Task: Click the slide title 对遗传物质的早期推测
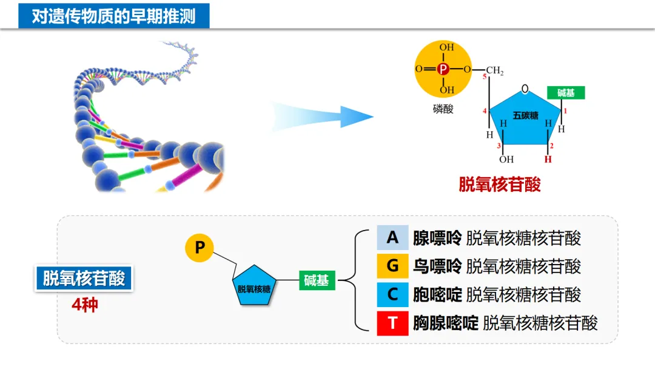pos(113,16)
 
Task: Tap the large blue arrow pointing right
pos(321,116)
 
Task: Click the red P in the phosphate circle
pos(443,69)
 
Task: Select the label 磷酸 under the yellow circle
pos(443,109)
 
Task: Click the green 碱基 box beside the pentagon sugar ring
pos(566,92)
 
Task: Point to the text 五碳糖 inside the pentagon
pos(525,115)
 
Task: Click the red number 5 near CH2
pos(485,78)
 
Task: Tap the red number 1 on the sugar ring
pos(565,112)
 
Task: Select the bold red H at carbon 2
pos(548,160)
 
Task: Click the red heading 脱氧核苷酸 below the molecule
pos(499,184)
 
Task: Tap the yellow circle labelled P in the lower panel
pos(200,247)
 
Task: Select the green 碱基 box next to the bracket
pos(317,280)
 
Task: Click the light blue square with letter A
pos(392,237)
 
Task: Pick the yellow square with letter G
pos(392,266)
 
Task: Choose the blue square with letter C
pos(392,294)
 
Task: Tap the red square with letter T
pos(392,323)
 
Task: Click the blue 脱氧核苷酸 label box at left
pos(84,279)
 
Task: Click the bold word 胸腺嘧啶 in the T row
pos(446,323)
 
